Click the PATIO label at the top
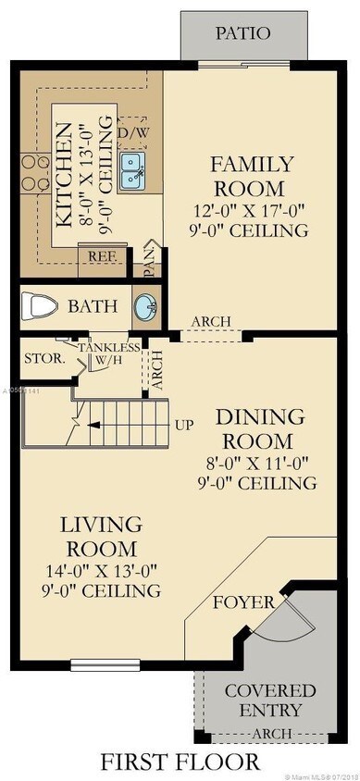242,33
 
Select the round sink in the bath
145,308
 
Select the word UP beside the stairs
183,425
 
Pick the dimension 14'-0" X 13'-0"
102,570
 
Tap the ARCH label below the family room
210,322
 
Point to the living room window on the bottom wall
99,663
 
